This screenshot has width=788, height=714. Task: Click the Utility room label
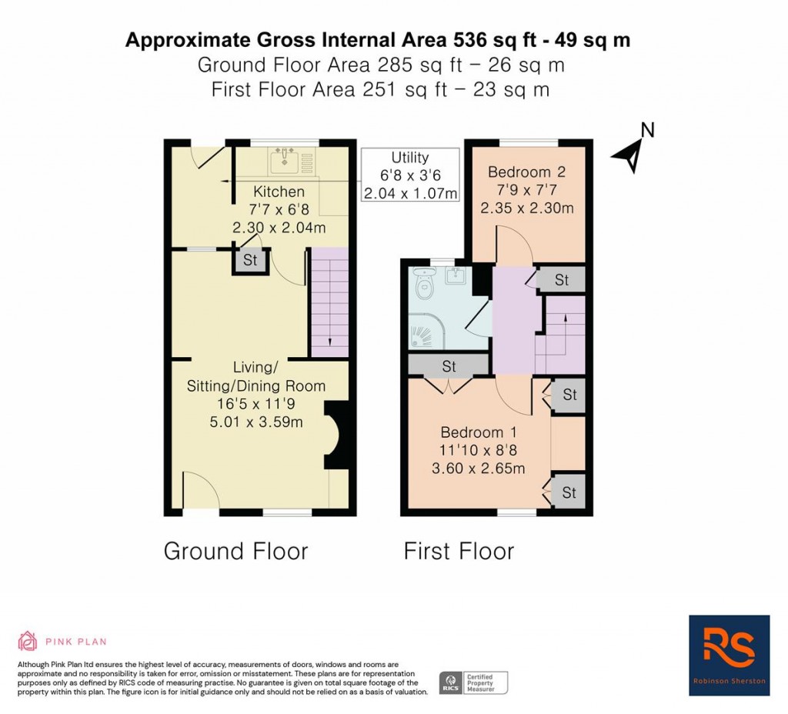409,157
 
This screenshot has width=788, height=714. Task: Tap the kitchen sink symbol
292,161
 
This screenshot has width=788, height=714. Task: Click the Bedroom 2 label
526,172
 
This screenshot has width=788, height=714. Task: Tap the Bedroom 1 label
479,432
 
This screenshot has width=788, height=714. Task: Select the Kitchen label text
279,192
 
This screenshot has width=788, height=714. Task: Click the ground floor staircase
329,302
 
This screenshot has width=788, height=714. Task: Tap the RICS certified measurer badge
473,683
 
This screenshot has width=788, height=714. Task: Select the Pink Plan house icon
28,641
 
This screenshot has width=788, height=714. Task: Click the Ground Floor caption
235,551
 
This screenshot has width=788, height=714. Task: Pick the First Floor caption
459,551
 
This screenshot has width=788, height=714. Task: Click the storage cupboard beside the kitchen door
250,260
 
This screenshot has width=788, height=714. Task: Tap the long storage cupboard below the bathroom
449,365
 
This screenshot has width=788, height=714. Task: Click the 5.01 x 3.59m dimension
256,422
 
